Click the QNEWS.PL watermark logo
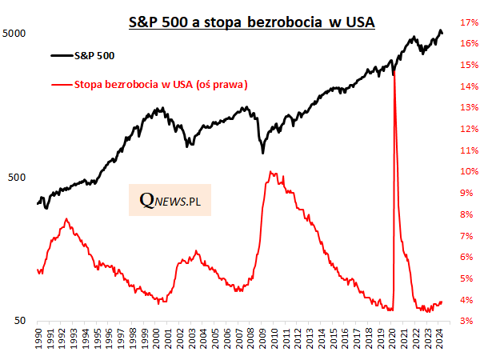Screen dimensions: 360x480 170,201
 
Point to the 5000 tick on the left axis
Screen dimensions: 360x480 14,34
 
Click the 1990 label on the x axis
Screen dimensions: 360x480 38,337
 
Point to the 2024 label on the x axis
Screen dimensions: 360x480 440,337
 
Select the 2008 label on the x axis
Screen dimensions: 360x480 251,337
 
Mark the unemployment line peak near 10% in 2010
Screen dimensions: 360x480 271,171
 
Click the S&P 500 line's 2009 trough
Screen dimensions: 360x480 263,152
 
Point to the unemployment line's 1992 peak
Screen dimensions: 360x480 66,218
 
